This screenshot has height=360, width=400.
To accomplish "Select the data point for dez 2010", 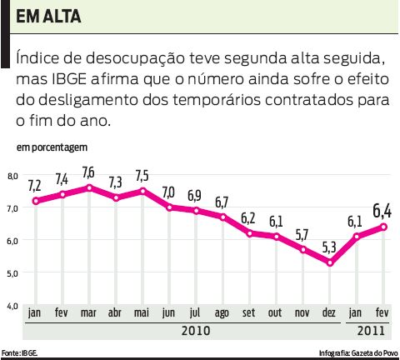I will tap(331, 262).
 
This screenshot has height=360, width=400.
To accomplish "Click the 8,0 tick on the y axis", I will tap(12, 176).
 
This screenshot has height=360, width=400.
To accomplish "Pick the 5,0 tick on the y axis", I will tap(12, 272).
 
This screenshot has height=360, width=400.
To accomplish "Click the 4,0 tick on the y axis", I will tap(12, 306).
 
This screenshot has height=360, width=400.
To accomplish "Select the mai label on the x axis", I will tap(142, 312).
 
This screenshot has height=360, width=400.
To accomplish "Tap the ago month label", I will tap(222, 312).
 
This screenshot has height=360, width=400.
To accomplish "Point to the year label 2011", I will tap(371, 331).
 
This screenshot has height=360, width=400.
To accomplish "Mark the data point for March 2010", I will tap(89, 187).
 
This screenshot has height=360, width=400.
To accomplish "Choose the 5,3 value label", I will tap(331, 247).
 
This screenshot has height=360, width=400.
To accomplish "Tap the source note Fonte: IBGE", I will tap(20, 353).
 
